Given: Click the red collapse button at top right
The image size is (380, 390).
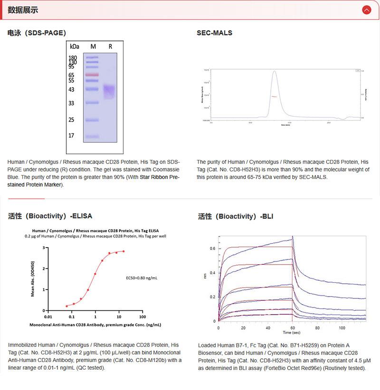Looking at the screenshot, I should [x=366, y=10].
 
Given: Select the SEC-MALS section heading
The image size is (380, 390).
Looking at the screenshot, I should [x=214, y=33].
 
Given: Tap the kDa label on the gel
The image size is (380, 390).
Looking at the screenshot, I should [x=75, y=46].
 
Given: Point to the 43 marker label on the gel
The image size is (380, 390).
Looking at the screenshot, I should [x=72, y=89].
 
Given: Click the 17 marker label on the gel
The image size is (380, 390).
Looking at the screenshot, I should [x=72, y=136].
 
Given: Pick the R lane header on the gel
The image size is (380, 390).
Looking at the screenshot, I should [x=110, y=46].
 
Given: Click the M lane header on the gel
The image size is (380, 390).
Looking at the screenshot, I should [x=93, y=46].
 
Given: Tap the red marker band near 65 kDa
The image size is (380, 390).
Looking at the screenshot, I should [x=92, y=75].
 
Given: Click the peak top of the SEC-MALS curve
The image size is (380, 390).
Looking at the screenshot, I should [x=274, y=72].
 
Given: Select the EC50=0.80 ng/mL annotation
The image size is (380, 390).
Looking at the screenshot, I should [x=142, y=277].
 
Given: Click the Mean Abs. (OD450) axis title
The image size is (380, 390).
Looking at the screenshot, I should [x=33, y=279].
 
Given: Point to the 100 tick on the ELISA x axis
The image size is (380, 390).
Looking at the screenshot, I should [x=142, y=316].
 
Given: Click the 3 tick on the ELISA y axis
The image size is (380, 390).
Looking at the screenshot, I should [x=43, y=248].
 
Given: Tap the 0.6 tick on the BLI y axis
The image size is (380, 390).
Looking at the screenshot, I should [x=212, y=248].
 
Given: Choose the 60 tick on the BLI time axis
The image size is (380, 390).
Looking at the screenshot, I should [x=292, y=328].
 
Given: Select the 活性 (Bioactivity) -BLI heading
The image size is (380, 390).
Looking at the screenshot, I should [x=236, y=217].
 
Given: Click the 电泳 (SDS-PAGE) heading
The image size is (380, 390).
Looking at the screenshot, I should [x=37, y=33].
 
